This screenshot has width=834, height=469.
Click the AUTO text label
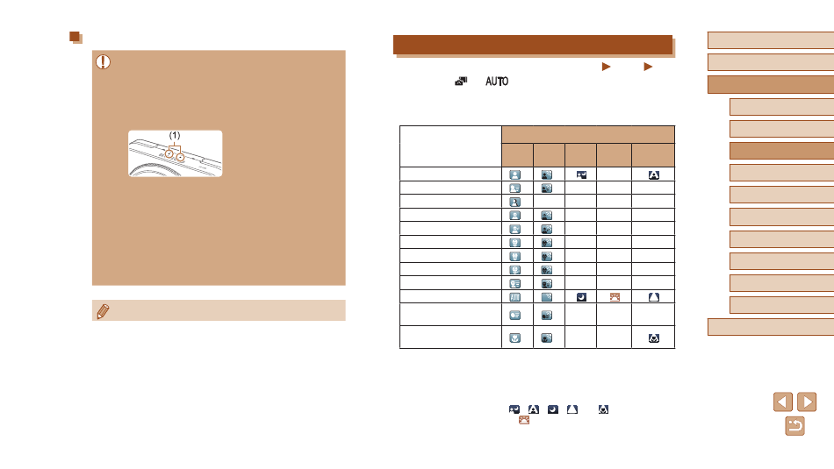(x=497, y=82)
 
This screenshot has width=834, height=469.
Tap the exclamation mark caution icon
(x=104, y=62)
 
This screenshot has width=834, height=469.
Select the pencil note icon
(x=104, y=311)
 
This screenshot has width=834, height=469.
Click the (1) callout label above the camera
(x=175, y=136)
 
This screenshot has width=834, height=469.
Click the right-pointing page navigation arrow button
(x=807, y=402)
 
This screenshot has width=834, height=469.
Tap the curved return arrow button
(x=794, y=426)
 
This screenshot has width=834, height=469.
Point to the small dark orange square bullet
(x=75, y=37)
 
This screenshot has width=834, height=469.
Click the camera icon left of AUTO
(x=461, y=82)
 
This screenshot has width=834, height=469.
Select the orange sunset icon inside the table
(x=615, y=297)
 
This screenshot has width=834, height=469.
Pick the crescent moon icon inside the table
(x=581, y=297)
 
